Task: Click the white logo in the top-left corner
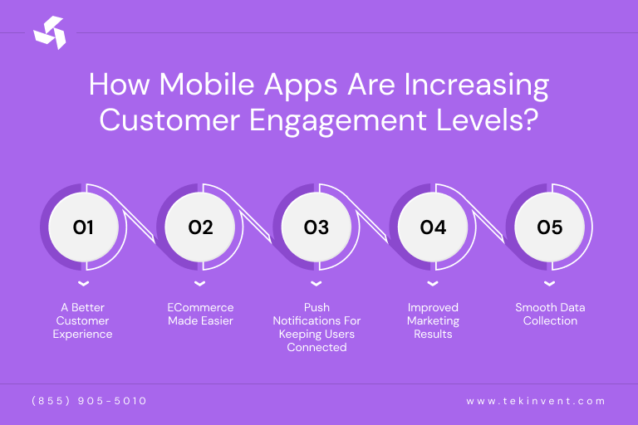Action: pyautogui.click(x=49, y=32)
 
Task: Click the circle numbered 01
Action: pyautogui.click(x=83, y=227)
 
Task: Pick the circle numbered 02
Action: pyautogui.click(x=200, y=227)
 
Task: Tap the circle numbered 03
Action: pyautogui.click(x=317, y=227)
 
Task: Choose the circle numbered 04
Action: pyautogui.click(x=433, y=227)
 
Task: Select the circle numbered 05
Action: pyautogui.click(x=549, y=227)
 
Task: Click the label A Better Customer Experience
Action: pyautogui.click(x=83, y=320)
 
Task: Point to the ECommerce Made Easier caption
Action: pyautogui.click(x=200, y=314)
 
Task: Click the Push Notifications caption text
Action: pyautogui.click(x=317, y=327)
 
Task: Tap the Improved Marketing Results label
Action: pyautogui.click(x=433, y=320)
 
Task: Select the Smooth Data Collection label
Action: pyautogui.click(x=549, y=314)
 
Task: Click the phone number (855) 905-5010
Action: pyautogui.click(x=89, y=401)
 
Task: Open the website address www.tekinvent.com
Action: pyautogui.click(x=536, y=401)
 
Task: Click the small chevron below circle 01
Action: pyautogui.click(x=83, y=285)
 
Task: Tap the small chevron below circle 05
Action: pyautogui.click(x=549, y=285)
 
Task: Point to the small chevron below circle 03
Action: pyautogui.click(x=317, y=285)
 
